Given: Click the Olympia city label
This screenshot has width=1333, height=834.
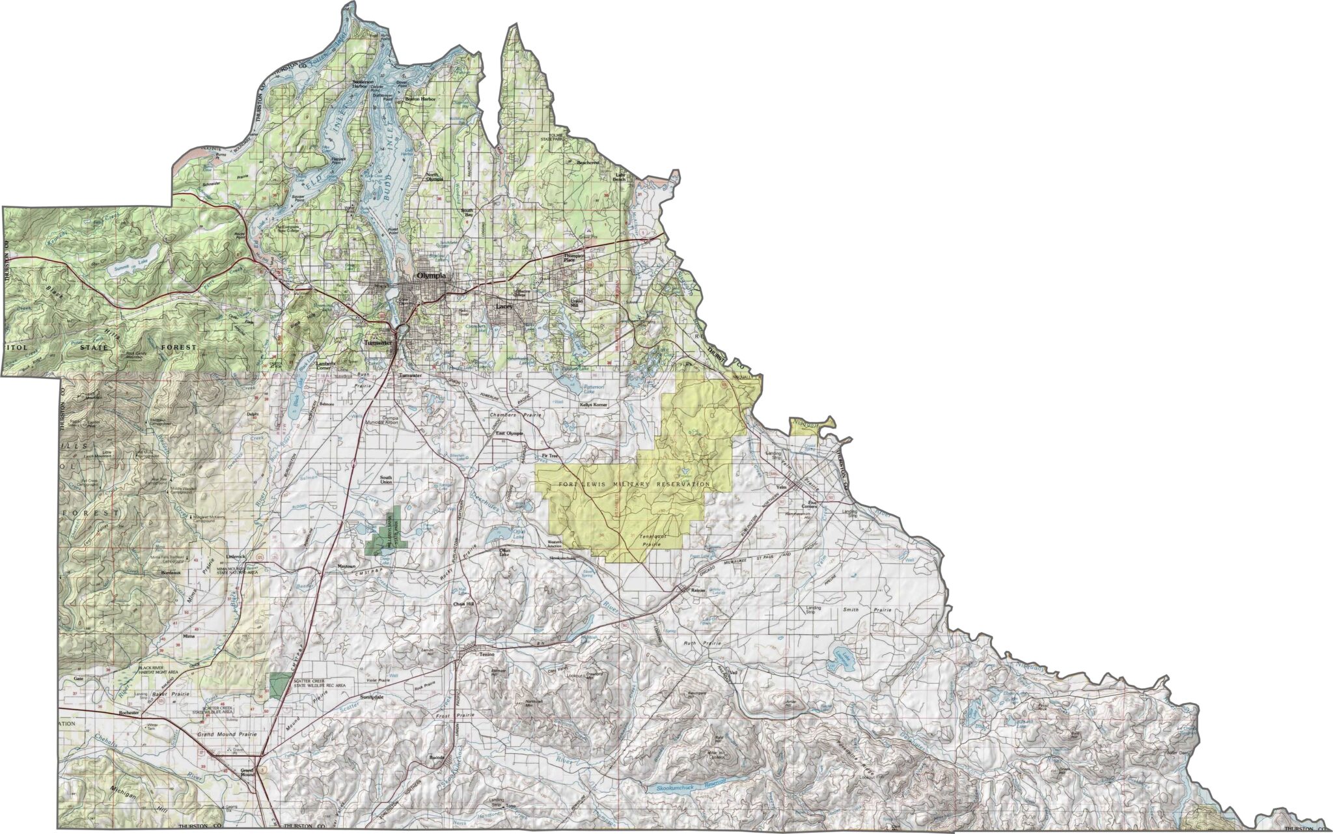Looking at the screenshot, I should pyautogui.click(x=432, y=276).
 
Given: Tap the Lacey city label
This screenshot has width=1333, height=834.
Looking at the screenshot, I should pyautogui.click(x=504, y=306).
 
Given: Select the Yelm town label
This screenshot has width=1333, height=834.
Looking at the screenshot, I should pyautogui.click(x=782, y=486).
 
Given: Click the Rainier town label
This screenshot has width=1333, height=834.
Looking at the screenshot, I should pyautogui.click(x=698, y=591).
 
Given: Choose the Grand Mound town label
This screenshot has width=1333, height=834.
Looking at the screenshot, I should pyautogui.click(x=247, y=772).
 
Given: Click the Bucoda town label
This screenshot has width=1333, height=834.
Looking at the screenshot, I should pyautogui.click(x=436, y=758).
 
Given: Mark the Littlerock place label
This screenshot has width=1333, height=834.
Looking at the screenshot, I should pyautogui.click(x=234, y=557).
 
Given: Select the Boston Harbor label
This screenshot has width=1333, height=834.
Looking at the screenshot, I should pyautogui.click(x=419, y=99).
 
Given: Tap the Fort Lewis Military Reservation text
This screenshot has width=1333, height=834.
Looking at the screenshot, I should pyautogui.click(x=635, y=484).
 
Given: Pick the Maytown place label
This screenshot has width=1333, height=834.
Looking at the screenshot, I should pyautogui.click(x=346, y=566).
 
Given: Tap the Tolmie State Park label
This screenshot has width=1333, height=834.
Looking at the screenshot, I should pyautogui.click(x=554, y=137).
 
